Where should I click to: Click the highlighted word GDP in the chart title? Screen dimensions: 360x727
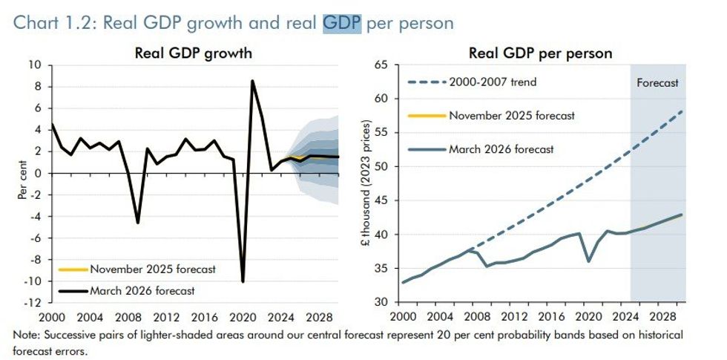[x=341, y=23]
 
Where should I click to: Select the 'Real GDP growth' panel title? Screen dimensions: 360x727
[x=193, y=53]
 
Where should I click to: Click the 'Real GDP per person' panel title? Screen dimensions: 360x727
[x=540, y=53]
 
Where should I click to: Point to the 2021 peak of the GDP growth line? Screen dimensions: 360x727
[x=253, y=81]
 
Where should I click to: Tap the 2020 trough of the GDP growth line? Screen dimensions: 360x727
[x=243, y=281]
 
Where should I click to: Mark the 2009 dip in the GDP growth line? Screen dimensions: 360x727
[x=138, y=222]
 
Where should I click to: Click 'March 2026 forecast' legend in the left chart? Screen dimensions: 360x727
[x=142, y=290]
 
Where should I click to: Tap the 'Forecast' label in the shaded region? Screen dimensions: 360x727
[x=657, y=83]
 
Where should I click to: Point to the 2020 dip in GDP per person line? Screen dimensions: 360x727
[x=589, y=261]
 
